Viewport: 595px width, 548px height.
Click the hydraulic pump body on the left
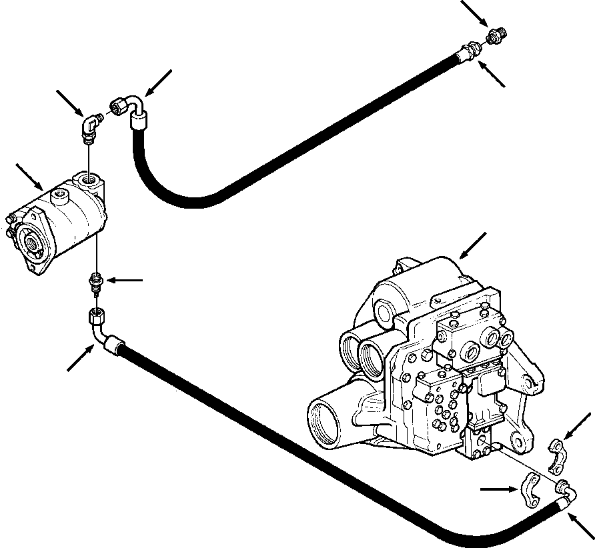coord(63,223)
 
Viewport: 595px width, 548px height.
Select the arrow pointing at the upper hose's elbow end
coord(159,83)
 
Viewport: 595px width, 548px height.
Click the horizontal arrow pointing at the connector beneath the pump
coord(125,281)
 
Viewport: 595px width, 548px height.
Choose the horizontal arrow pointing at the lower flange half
coord(500,489)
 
